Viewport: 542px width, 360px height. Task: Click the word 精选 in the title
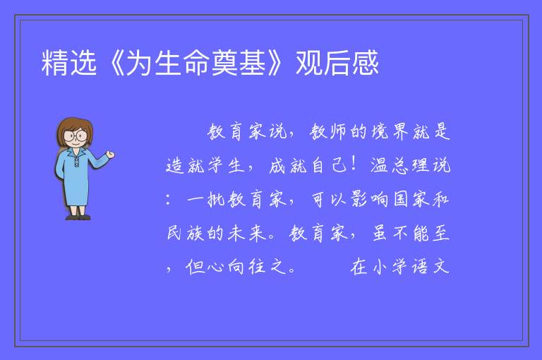(x=68, y=63)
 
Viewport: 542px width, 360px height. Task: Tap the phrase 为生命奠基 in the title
(x=196, y=63)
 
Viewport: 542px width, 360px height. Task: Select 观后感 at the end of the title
(x=337, y=63)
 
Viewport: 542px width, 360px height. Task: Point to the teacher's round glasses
(x=76, y=136)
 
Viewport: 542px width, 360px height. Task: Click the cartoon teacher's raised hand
(x=111, y=155)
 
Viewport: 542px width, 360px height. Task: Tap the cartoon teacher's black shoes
(x=78, y=217)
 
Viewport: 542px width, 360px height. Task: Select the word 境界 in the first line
(x=390, y=131)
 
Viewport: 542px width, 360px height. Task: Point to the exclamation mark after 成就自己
(x=354, y=164)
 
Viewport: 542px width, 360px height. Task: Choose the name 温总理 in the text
(x=399, y=165)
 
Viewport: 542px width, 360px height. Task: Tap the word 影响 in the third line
(x=370, y=199)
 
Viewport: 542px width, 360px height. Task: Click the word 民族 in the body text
(x=186, y=233)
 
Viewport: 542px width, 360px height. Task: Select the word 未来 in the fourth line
(x=247, y=233)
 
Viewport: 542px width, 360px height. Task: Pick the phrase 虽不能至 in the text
(x=411, y=233)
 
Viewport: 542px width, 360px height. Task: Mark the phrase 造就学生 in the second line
(x=205, y=165)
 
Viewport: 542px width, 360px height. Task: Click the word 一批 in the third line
(x=206, y=199)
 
